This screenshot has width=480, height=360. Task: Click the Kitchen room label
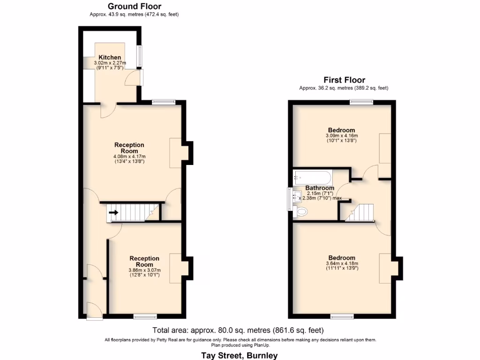pos(109,57)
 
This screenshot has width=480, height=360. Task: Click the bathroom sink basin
pos(296,197)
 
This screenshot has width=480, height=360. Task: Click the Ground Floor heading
pos(134,7)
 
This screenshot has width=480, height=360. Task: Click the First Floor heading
pos(344,80)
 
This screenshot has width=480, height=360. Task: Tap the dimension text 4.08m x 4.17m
pos(129,157)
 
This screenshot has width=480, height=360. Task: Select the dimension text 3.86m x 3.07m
pos(144,270)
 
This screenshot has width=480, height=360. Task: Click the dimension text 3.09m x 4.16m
pos(341,136)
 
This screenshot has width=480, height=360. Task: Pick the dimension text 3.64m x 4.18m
pos(341,263)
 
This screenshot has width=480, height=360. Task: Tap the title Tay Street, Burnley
pos(239,355)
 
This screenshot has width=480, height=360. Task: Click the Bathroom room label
pos(320,188)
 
